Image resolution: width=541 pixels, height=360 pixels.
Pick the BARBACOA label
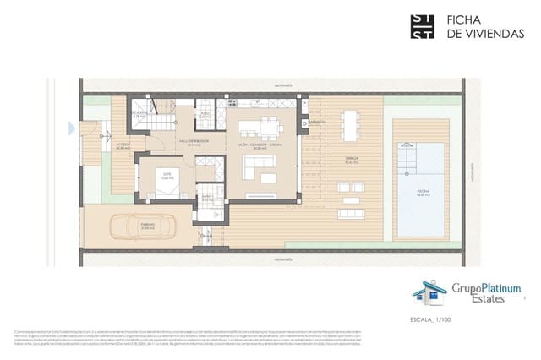(x=318, y=121)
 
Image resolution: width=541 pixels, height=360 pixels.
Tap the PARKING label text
(x=125, y=226)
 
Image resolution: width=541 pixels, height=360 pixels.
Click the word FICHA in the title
(x=463, y=20)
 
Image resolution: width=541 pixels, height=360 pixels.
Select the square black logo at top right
(x=423, y=26)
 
